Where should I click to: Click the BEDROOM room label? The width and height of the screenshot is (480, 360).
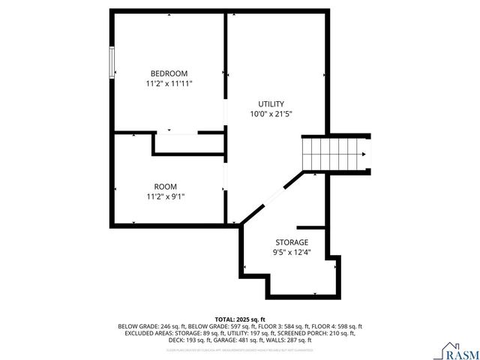click(x=169, y=73)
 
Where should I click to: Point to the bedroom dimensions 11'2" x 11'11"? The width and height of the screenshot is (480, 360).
click(x=169, y=84)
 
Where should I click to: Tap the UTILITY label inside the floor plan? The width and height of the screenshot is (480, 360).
click(x=271, y=103)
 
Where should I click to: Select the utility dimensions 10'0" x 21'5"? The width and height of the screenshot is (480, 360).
click(x=271, y=115)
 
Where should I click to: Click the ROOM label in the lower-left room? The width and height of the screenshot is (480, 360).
click(x=166, y=186)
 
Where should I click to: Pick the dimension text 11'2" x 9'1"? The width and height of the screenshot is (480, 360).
click(x=166, y=196)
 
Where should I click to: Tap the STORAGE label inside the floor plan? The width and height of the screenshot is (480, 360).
click(x=291, y=242)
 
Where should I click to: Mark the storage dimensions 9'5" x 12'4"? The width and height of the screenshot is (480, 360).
click(x=291, y=253)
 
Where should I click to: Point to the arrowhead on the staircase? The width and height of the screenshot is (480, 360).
click(x=364, y=154)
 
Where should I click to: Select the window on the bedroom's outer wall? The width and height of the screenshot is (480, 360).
click(x=112, y=61)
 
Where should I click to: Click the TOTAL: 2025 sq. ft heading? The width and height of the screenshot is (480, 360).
click(x=240, y=319)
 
